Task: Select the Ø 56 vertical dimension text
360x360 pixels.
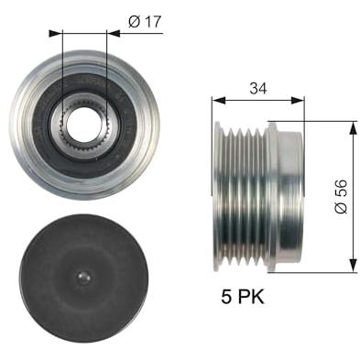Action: pyautogui.click(x=342, y=195)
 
